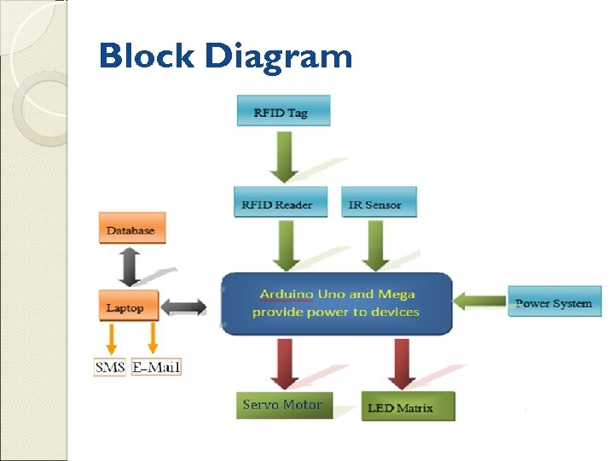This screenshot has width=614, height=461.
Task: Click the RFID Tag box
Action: tap(283, 112)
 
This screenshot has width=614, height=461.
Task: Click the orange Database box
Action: tap(131, 229)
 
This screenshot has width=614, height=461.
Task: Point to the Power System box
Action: tap(554, 302)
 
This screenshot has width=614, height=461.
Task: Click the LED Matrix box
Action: tap(408, 406)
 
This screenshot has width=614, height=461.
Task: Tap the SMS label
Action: tap(111, 367)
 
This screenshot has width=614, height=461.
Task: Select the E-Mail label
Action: tap(156, 367)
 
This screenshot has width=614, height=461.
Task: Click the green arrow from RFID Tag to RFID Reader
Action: tap(282, 155)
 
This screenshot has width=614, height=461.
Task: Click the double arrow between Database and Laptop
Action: tap(130, 266)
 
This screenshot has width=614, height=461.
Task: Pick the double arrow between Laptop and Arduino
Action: tap(183, 306)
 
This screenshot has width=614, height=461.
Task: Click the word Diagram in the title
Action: tap(279, 57)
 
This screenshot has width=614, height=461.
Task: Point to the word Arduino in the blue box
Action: tap(287, 294)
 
